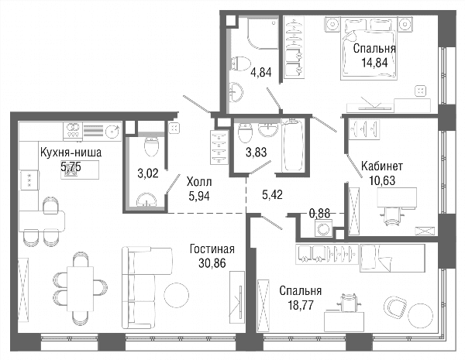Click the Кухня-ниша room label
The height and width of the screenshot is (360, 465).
pos(71,153)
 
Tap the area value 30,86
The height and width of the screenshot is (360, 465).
pos(212,262)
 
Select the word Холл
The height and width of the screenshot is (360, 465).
pos(199,182)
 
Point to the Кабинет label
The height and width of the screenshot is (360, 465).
pos(382,166)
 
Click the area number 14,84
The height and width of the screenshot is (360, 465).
pos(374,63)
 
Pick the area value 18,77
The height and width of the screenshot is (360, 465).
pos(301,305)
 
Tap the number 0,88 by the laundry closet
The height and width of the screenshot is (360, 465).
pos(319,213)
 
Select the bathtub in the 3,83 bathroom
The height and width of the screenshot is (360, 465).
pos(293,146)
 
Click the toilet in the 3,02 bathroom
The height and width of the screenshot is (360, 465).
pos(152,147)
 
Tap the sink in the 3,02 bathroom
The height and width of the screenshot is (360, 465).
pos(146,200)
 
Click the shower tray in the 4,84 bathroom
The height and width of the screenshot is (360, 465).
pos(263,33)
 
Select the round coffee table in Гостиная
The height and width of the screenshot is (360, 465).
pos(176,295)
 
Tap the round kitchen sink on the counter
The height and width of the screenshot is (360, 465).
pos(112,130)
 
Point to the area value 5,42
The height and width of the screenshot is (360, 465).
pos(272,194)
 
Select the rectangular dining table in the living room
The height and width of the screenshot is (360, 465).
pos(81,289)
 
